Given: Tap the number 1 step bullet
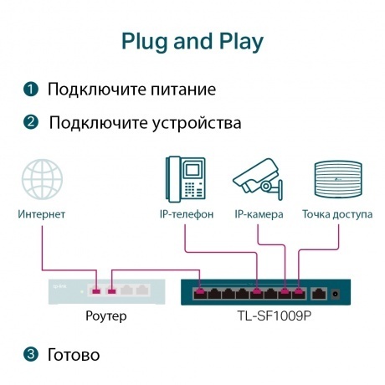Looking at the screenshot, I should click(31, 89).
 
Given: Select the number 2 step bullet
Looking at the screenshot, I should click(31, 123).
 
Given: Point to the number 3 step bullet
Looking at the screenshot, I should click(31, 355).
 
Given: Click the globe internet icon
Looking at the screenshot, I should click(42, 180).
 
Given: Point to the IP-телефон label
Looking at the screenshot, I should click(187, 214).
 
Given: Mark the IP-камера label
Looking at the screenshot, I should click(259, 214).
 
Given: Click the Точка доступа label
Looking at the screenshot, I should click(337, 214).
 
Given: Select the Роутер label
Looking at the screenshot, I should click(106, 316).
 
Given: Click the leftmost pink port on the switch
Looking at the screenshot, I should click(199, 293).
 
